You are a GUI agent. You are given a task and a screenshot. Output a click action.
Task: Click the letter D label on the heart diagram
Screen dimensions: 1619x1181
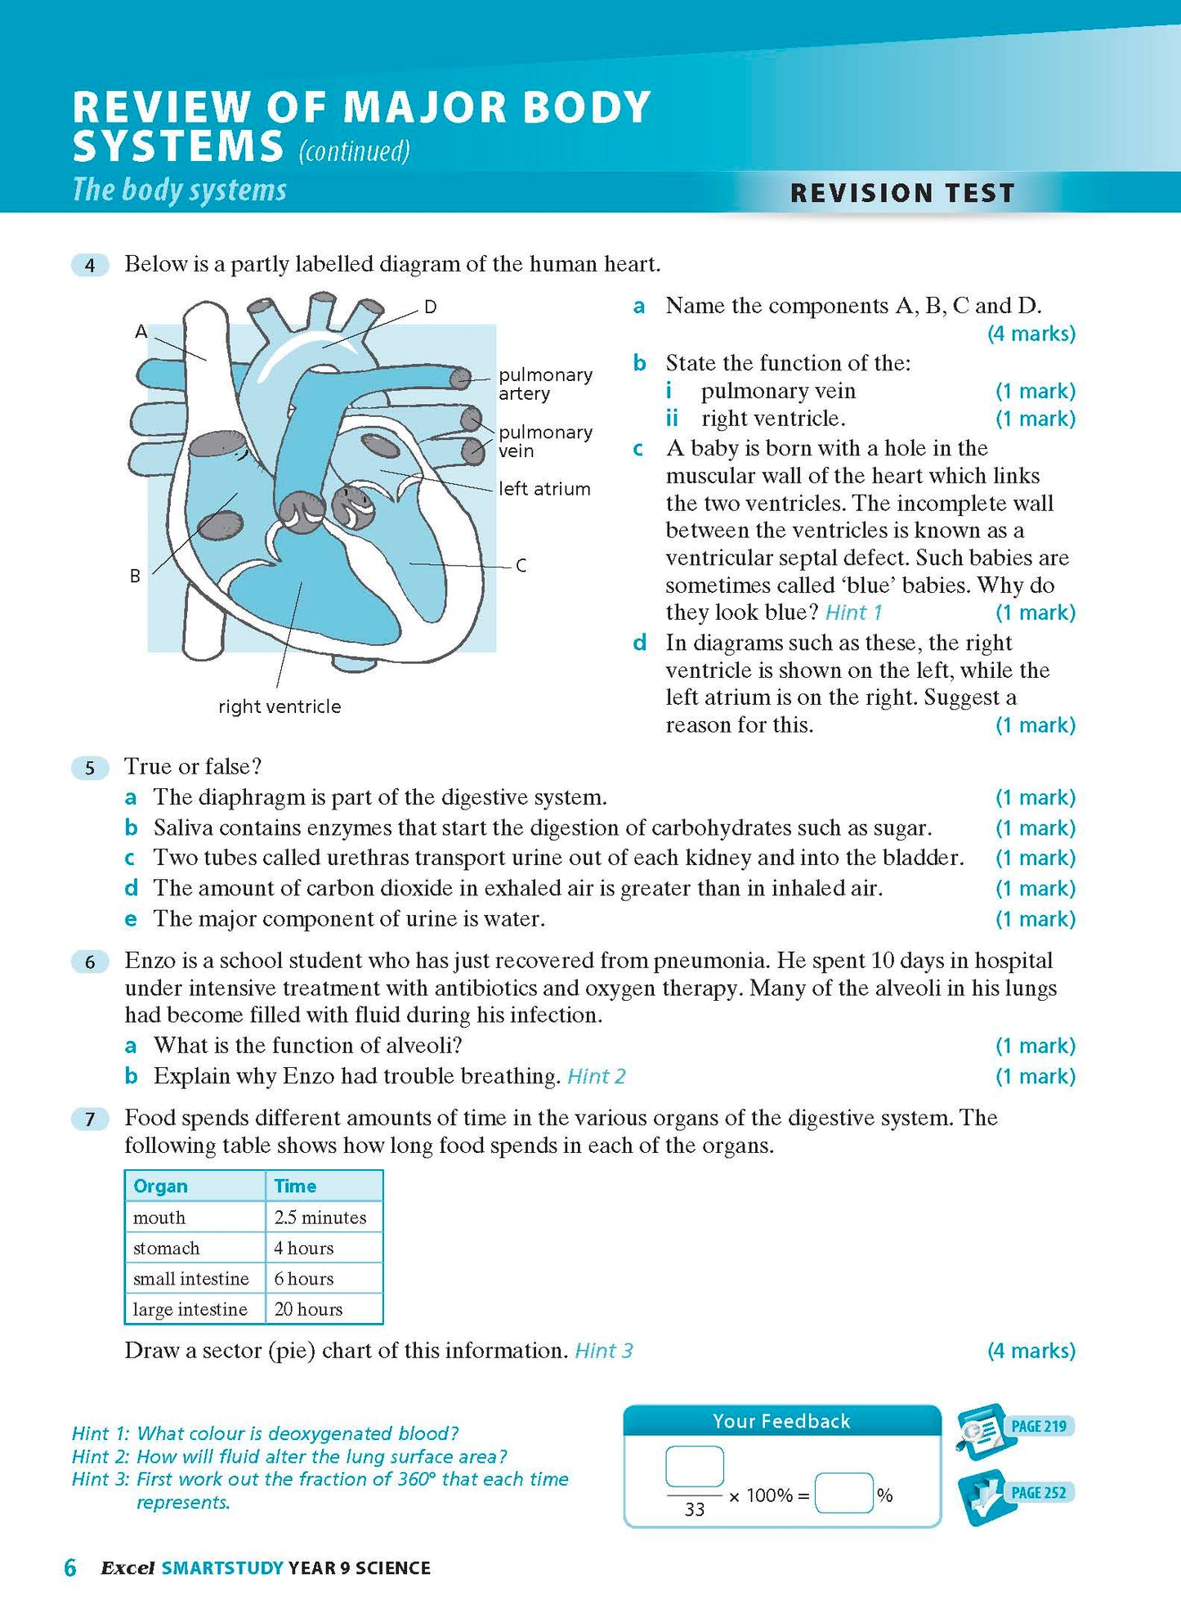[430, 307]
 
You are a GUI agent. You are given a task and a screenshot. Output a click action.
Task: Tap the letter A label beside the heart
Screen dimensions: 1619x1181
[141, 331]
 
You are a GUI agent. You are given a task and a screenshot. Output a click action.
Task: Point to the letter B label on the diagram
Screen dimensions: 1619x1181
[135, 576]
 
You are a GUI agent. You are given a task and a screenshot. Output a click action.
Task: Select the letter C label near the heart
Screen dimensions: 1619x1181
[521, 565]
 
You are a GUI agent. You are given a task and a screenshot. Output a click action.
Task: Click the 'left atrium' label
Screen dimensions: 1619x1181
[544, 489]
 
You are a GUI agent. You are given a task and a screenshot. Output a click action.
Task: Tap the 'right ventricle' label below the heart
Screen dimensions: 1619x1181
[280, 706]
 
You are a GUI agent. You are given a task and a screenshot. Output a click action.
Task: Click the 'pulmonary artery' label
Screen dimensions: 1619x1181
[545, 384]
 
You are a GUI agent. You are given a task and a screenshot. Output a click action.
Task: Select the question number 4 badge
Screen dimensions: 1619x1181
[90, 265]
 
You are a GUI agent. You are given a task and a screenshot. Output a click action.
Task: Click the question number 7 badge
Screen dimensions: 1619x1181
[90, 1119]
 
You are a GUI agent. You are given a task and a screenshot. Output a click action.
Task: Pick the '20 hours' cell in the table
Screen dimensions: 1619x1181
[308, 1309]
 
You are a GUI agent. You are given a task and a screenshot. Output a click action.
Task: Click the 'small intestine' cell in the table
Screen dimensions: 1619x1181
[190, 1279]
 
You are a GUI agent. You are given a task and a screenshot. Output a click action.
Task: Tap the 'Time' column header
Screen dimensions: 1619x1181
[295, 1186]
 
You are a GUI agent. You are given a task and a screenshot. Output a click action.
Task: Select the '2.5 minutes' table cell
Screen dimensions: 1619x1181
[320, 1218]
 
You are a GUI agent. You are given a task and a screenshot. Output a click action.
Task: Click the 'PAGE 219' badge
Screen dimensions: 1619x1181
[1038, 1426]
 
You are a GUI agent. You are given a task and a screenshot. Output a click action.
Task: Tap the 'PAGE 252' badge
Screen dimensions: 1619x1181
[1038, 1492]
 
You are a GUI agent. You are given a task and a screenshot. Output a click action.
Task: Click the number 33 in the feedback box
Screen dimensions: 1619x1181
[694, 1509]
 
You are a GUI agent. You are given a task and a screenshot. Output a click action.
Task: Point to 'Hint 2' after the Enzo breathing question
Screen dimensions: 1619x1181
[597, 1076]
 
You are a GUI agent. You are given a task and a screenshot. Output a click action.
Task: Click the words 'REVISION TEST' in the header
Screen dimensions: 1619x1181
[902, 193]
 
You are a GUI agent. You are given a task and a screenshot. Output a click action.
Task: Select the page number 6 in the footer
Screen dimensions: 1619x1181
[70, 1567]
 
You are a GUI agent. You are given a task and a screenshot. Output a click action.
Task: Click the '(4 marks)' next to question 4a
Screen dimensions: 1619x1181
[1031, 334]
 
